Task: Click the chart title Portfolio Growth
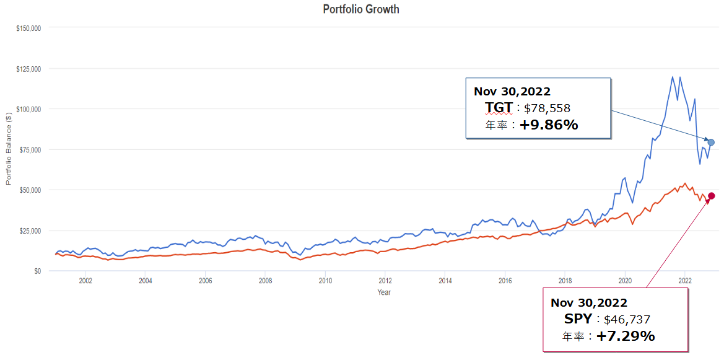pos(361,9)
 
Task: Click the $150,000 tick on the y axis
pos(28,28)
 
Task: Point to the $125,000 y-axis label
pos(28,69)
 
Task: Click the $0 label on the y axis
pos(37,271)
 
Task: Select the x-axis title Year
pos(384,292)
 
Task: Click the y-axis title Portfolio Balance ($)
pos(9,149)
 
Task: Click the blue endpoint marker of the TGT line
pos(711,143)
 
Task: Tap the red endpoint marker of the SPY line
pos(712,196)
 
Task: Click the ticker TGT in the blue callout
pos(499,108)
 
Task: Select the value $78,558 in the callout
pos(547,108)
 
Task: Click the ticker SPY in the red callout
pos(577,319)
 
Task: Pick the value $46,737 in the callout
pos(627,320)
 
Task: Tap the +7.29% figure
pos(626,336)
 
